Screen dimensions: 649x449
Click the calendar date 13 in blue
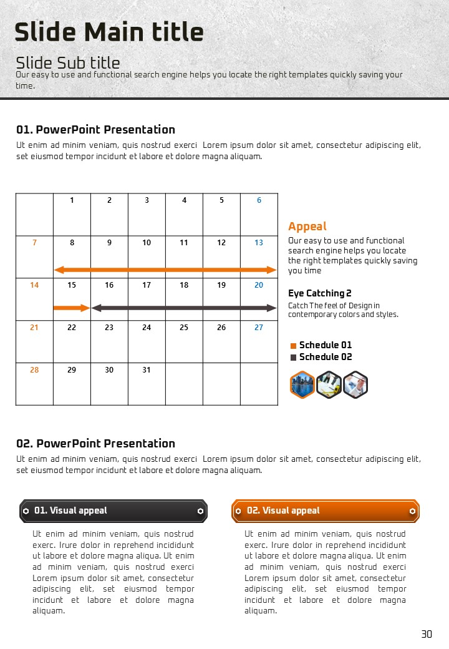click(259, 243)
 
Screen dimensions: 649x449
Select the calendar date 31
click(147, 370)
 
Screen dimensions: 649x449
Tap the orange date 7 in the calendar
click(34, 243)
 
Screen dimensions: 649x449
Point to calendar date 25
click(184, 328)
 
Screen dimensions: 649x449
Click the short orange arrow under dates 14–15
click(72, 308)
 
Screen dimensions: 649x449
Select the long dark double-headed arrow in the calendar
click(184, 308)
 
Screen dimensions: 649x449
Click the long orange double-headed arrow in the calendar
click(165, 270)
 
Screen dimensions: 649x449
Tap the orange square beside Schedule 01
click(293, 346)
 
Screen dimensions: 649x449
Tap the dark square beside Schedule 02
click(293, 358)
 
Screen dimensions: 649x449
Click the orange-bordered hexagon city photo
click(302, 384)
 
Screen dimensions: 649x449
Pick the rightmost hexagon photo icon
click(355, 384)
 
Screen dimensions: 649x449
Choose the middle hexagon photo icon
click(329, 384)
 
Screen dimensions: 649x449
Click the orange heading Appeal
click(307, 227)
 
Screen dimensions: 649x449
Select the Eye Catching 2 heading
click(320, 293)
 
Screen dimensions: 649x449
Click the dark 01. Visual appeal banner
click(113, 510)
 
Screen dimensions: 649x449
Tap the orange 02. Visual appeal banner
click(326, 510)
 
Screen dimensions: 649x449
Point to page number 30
click(427, 634)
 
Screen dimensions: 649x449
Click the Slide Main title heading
click(109, 32)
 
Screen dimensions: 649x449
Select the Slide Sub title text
click(68, 62)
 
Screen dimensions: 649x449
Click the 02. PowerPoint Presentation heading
click(96, 444)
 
